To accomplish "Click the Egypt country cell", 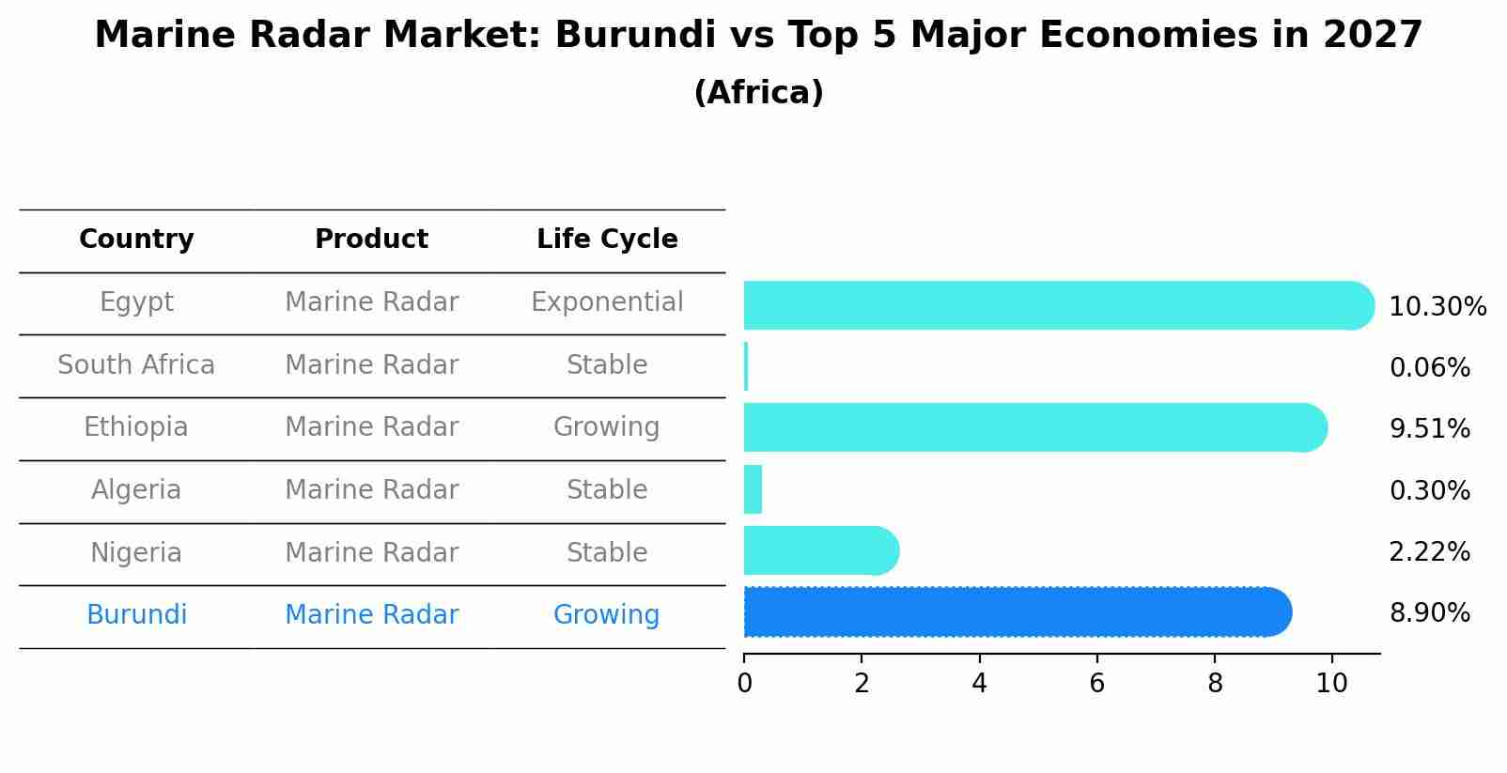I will (x=136, y=302).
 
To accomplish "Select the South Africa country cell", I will (x=136, y=364).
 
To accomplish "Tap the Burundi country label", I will (x=136, y=615).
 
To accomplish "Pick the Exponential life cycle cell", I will (x=607, y=302).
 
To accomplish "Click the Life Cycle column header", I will (x=607, y=240).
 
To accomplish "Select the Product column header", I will (x=371, y=240).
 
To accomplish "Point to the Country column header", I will (x=136, y=240).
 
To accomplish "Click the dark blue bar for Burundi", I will (x=1015, y=612).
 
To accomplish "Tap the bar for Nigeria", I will (x=817, y=550).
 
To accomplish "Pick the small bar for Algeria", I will (x=753, y=489).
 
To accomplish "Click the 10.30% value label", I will (x=1437, y=307).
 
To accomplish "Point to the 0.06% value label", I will (x=1430, y=368).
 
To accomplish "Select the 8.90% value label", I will (x=1430, y=613).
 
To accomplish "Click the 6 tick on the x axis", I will (x=1096, y=684).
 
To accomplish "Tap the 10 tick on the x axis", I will (x=1331, y=684).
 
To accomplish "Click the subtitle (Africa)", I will (x=758, y=93).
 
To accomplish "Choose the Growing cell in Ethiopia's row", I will (x=607, y=427).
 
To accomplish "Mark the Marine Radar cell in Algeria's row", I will (x=371, y=490).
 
